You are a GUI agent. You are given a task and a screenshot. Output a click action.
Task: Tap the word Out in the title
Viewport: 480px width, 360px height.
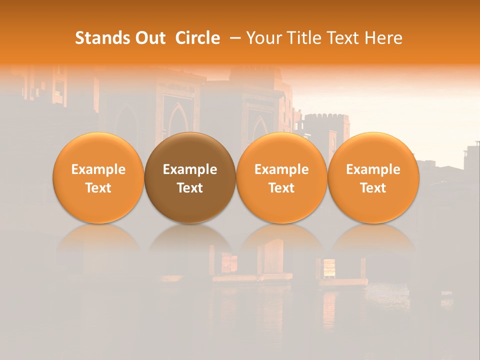point(148,38)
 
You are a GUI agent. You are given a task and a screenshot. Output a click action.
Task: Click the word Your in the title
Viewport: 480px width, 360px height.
point(261,38)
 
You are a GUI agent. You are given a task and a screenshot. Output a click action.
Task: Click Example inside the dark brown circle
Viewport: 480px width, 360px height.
point(190,169)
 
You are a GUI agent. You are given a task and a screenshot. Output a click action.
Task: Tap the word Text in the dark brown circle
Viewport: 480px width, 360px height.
point(190,188)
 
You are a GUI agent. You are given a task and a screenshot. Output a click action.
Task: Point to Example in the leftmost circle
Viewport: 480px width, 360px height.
point(98,169)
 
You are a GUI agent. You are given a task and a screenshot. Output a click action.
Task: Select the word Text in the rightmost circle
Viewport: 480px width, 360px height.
point(373,188)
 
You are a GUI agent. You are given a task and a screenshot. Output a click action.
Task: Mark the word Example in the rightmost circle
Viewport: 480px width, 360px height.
point(373,169)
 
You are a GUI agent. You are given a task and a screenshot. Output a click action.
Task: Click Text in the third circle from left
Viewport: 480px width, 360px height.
point(281,188)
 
